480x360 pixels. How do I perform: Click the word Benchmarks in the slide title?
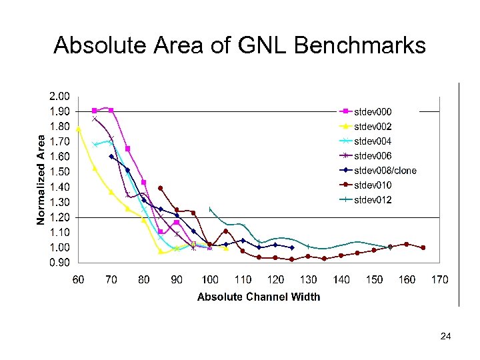coord(359,45)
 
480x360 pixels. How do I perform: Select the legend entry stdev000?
coord(373,111)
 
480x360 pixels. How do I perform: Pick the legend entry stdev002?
coord(373,126)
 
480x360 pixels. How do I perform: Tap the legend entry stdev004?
coord(373,141)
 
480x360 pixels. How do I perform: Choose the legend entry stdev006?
coord(373,155)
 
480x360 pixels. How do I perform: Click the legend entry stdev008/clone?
coord(385,170)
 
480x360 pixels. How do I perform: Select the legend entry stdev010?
coord(373,185)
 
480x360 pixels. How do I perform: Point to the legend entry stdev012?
coord(373,199)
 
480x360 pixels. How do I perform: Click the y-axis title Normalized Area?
coord(41,179)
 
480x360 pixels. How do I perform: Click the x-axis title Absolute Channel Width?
coord(259,297)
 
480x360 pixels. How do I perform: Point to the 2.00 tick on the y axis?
coord(61,96)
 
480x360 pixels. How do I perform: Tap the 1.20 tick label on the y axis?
coord(61,217)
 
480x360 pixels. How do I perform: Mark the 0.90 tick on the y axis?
coord(61,263)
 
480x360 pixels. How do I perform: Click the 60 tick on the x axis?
coord(78,279)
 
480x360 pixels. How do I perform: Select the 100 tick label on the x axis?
coord(209,279)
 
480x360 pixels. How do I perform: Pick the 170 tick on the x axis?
coord(439,279)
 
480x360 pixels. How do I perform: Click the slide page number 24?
coord(446,337)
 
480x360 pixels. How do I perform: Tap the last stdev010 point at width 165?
coord(423,247)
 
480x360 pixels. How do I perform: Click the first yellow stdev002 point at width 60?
coord(79,129)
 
